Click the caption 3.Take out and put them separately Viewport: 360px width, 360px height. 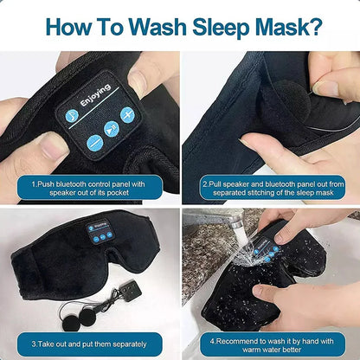[x=89, y=342]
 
